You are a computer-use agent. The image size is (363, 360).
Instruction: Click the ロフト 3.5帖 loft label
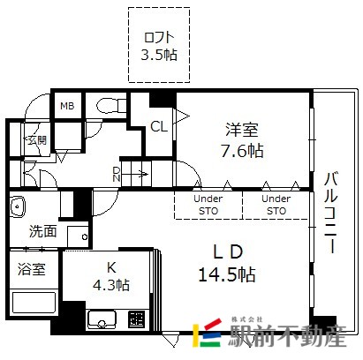(x=159, y=46)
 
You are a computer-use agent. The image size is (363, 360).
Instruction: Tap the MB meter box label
(x=67, y=106)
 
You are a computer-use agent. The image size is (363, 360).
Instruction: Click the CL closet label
(x=159, y=127)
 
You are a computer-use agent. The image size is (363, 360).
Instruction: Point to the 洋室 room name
(x=242, y=130)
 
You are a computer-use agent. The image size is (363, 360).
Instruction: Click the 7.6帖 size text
(x=242, y=151)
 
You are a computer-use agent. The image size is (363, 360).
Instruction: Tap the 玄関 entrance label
(x=37, y=140)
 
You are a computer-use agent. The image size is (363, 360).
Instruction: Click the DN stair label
(x=117, y=174)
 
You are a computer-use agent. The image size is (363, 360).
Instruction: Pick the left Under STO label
(x=208, y=205)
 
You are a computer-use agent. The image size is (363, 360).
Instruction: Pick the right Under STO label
(x=276, y=205)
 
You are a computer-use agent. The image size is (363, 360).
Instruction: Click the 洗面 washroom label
(x=42, y=231)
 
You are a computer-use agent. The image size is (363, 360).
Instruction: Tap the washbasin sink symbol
(x=18, y=206)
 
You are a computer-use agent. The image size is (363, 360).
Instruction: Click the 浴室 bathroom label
(x=32, y=269)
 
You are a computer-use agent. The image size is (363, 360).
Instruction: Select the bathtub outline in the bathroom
(x=34, y=303)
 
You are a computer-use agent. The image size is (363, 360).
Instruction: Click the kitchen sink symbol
(x=102, y=319)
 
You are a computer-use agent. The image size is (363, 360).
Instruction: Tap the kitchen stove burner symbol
(x=137, y=319)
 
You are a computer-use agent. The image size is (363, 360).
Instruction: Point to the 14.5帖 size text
(x=227, y=275)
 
